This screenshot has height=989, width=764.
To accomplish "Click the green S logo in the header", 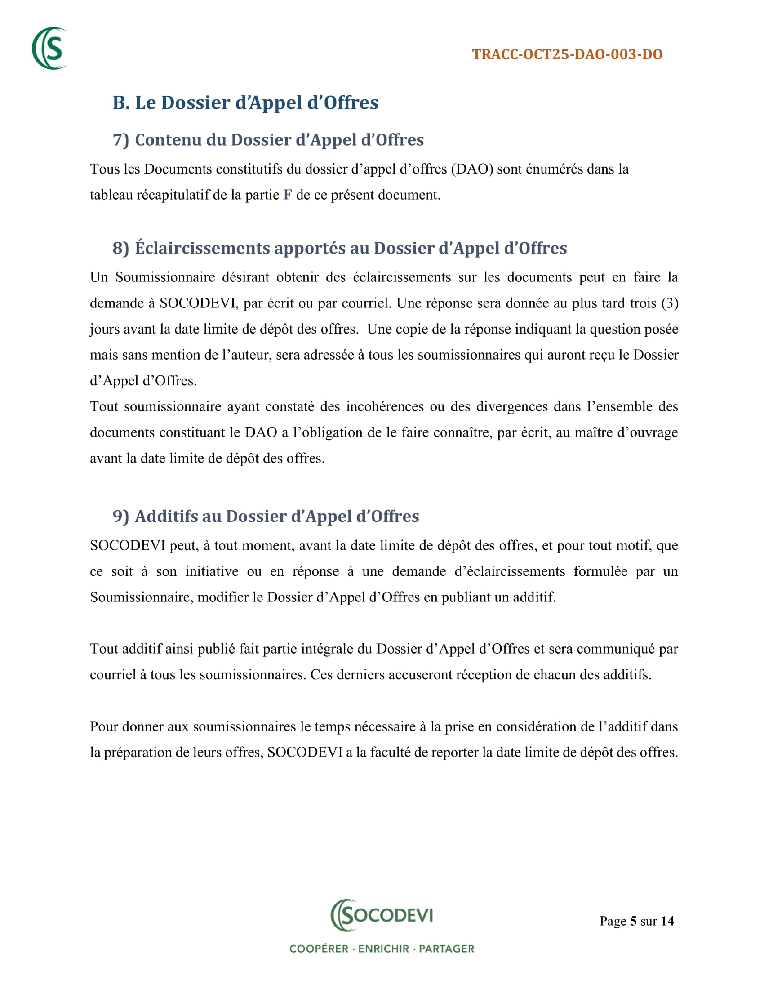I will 50,49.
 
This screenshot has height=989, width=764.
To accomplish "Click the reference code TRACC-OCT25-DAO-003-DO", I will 567,54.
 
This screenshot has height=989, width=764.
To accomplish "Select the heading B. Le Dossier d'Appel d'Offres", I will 245,103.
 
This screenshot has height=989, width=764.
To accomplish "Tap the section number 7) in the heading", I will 121,140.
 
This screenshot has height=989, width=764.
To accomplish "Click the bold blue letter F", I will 288,195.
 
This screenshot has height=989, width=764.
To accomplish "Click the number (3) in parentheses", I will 670,303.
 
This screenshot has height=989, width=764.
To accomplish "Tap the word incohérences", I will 385,407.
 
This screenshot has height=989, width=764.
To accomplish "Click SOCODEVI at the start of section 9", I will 128,546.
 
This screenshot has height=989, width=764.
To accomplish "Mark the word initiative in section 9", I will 211,571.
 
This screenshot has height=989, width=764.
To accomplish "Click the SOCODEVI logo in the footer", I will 382,916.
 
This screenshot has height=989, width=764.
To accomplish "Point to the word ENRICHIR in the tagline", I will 383,949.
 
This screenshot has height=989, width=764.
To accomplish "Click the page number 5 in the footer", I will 633,921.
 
